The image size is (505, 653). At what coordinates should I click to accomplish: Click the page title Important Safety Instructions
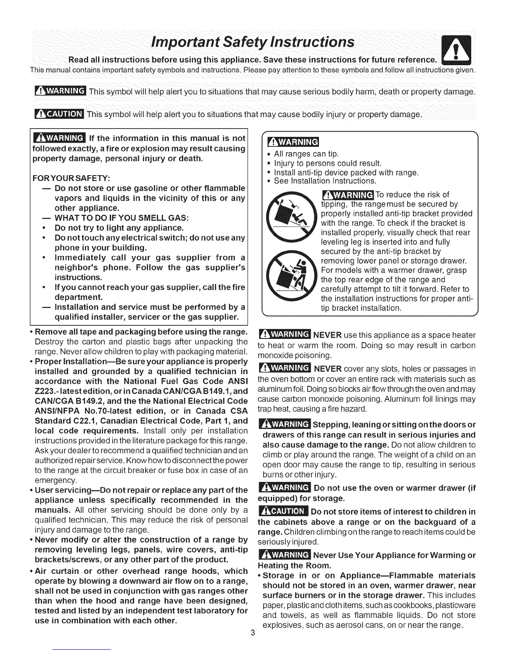pos(252,42)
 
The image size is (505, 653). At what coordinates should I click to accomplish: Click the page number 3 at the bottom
pos(252,633)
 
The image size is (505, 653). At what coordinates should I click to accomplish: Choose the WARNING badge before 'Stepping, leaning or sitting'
pos(283,425)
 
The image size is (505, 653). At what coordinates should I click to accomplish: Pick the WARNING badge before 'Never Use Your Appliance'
pos(283,555)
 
